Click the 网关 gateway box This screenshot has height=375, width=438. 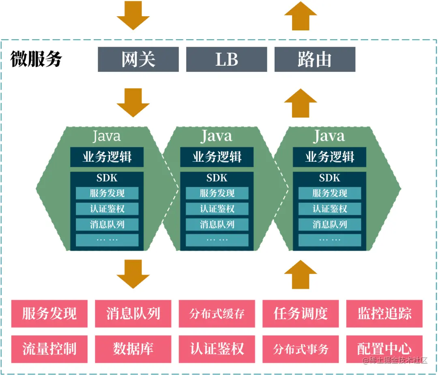[138, 60]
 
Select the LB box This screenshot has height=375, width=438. [226, 60]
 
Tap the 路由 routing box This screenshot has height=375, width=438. [315, 60]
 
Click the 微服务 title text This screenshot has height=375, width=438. [36, 59]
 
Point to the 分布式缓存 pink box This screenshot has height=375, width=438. [217, 313]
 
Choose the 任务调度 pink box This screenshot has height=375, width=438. [301, 313]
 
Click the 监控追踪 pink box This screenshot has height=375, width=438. [384, 313]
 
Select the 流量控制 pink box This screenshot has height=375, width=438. [49, 349]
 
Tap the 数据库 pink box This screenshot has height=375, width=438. [133, 349]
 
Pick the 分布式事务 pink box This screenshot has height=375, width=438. [301, 349]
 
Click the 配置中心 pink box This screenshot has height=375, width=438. [384, 349]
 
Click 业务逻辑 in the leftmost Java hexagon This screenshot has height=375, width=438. [107, 157]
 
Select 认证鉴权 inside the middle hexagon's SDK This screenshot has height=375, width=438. [217, 209]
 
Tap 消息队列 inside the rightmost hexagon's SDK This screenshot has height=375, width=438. [330, 224]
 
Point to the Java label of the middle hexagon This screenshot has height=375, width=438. [217, 136]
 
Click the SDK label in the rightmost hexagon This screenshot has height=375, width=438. [329, 178]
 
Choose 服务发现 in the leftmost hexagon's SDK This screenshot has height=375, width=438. [107, 193]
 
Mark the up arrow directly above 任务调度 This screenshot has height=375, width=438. [301, 274]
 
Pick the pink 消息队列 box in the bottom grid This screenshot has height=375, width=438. [133, 313]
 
